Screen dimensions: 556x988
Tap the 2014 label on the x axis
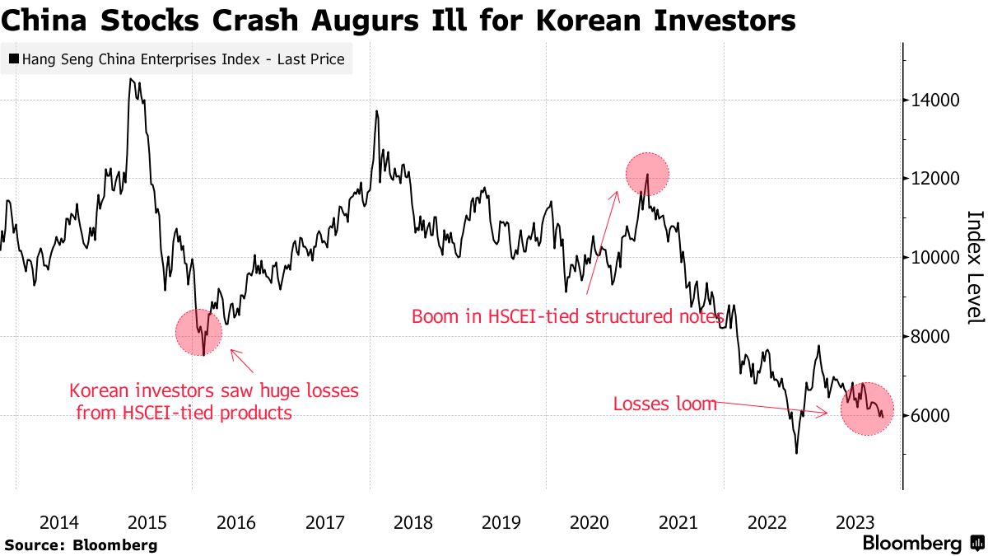59,522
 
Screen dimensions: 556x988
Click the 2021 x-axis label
678,522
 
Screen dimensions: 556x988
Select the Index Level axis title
974,266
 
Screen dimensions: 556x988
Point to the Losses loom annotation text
665,404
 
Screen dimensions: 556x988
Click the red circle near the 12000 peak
647,175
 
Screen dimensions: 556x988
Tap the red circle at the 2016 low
199,332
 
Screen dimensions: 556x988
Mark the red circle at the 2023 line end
867,409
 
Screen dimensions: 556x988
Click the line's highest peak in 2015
130,79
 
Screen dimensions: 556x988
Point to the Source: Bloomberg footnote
81,545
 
